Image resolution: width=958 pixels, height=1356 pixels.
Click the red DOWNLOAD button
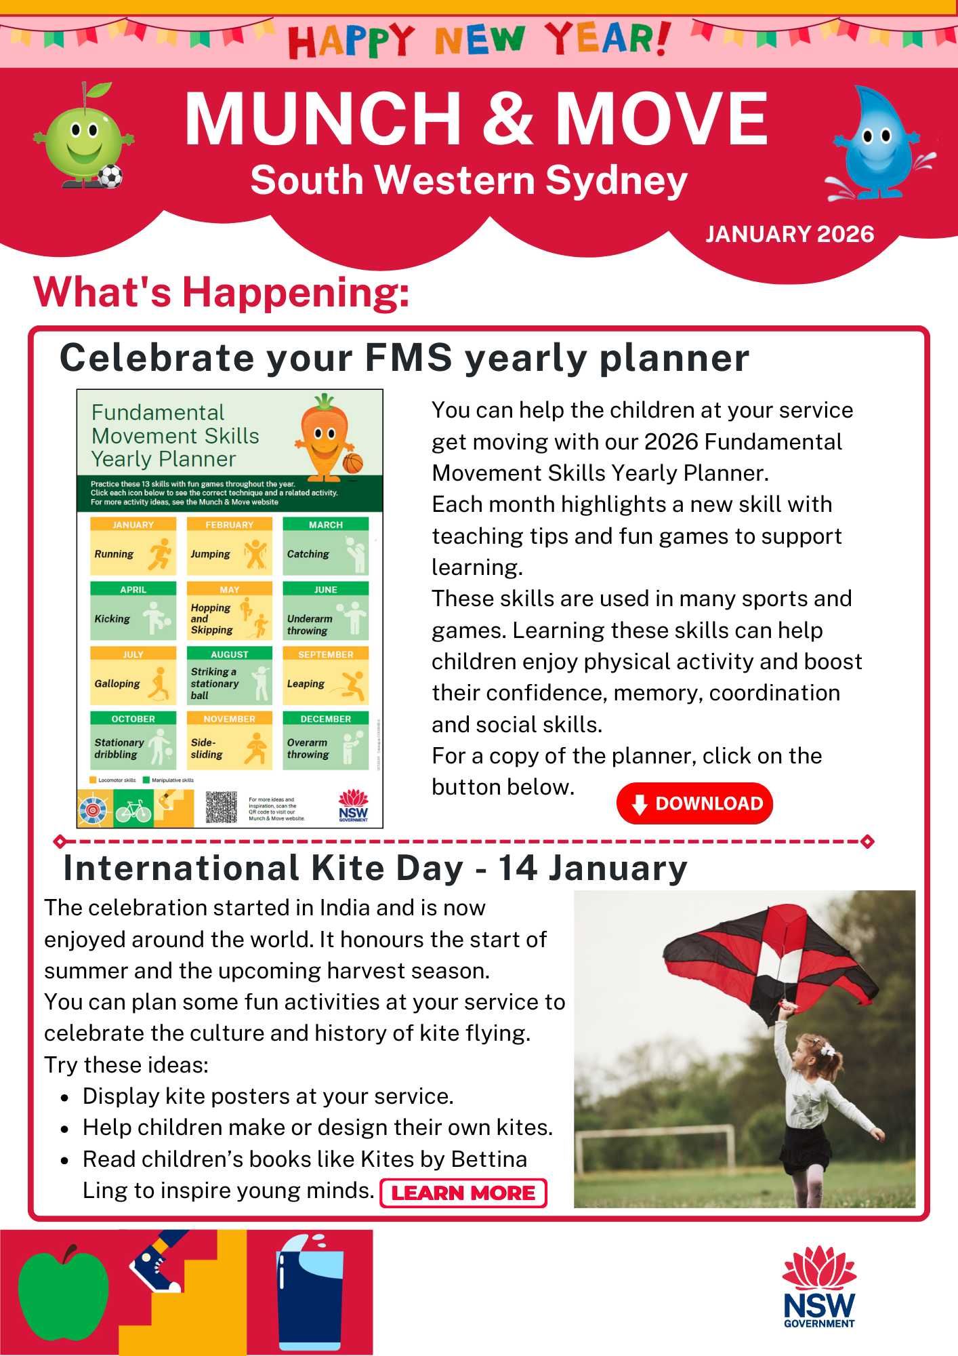(694, 803)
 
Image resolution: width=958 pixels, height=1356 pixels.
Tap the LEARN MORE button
(463, 1193)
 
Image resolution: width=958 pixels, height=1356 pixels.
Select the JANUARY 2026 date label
(789, 234)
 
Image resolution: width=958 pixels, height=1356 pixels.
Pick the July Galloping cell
(133, 676)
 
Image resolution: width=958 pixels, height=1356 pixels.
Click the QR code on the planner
(221, 807)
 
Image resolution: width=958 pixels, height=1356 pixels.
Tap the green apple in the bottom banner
(62, 1292)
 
